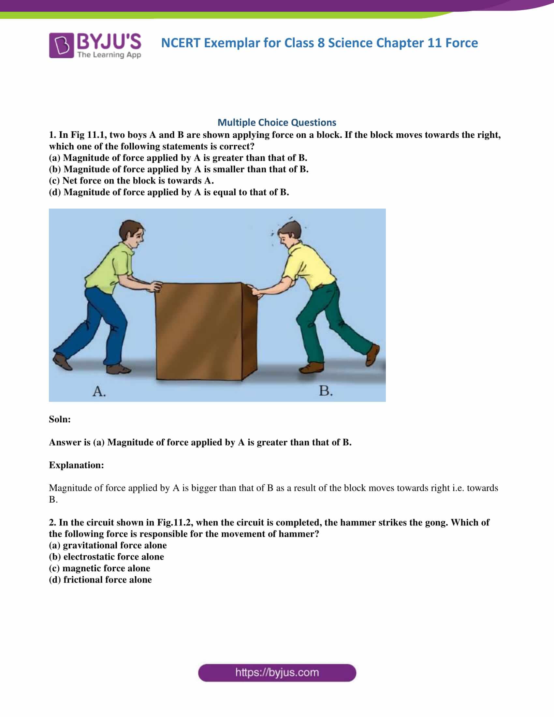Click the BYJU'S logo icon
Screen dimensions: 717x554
(x=61, y=45)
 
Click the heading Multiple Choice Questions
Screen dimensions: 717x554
(x=277, y=123)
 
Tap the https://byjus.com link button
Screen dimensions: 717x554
(x=277, y=673)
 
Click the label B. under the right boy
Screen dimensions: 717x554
(x=326, y=391)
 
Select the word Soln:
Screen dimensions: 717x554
(x=60, y=419)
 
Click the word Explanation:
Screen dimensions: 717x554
(x=77, y=465)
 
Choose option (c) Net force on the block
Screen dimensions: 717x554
(x=131, y=181)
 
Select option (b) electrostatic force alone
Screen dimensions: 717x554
(x=106, y=556)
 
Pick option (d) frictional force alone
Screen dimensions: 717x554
(x=100, y=579)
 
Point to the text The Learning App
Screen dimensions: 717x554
(x=109, y=55)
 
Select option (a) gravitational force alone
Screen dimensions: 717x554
(x=108, y=545)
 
